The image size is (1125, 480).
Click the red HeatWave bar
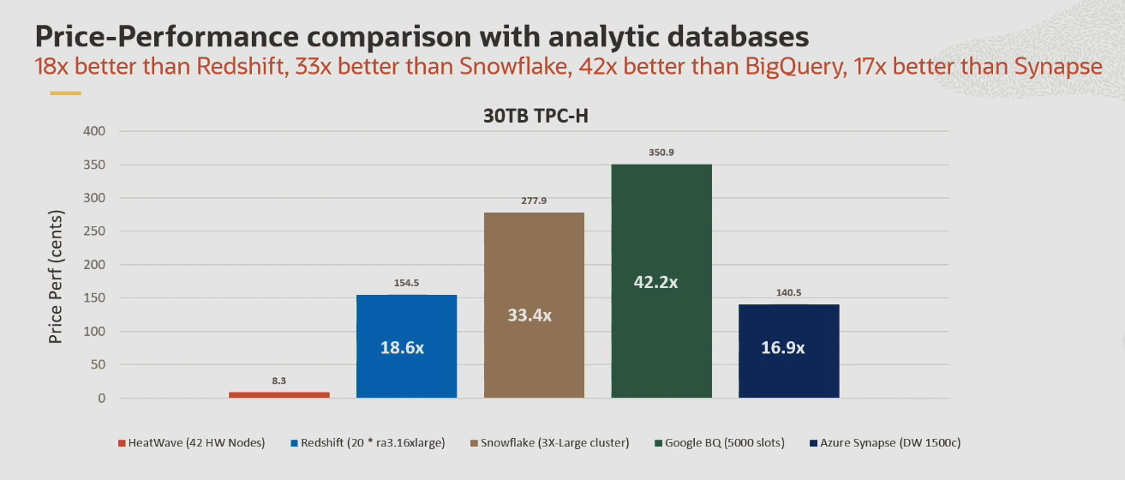(x=279, y=394)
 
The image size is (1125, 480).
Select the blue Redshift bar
(x=406, y=346)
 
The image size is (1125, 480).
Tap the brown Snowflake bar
(x=534, y=305)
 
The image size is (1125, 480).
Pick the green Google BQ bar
(x=661, y=281)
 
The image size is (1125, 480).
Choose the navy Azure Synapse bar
(x=788, y=351)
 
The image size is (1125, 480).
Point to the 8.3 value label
(x=279, y=380)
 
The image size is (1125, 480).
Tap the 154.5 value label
(x=406, y=283)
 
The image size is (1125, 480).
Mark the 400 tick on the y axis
(x=94, y=131)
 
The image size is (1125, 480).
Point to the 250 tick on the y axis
(x=94, y=231)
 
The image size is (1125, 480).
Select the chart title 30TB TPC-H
(x=535, y=118)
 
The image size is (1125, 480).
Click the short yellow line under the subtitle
(x=65, y=93)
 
